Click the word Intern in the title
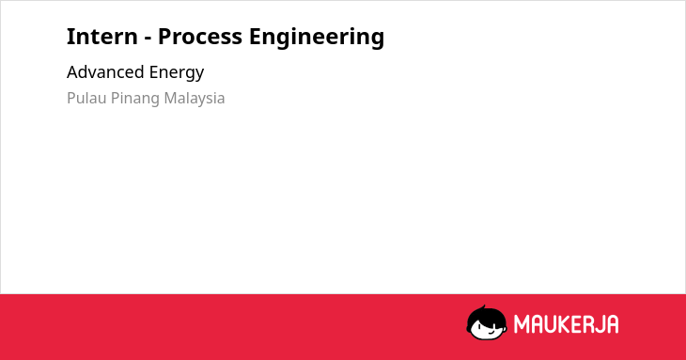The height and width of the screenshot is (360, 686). pyautogui.click(x=101, y=37)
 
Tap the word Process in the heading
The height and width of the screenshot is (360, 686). pyautogui.click(x=200, y=37)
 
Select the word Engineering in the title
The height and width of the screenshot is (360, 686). pyautogui.click(x=317, y=38)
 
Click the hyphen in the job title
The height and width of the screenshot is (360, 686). pyautogui.click(x=148, y=39)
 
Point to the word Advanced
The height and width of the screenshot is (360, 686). pyautogui.click(x=105, y=72)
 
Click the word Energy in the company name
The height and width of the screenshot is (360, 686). pyautogui.click(x=177, y=73)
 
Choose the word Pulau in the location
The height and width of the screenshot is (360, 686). pyautogui.click(x=86, y=98)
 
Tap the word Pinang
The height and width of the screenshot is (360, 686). pyautogui.click(x=135, y=100)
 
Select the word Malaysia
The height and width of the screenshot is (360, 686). pyautogui.click(x=195, y=100)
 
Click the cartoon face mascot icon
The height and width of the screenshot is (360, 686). pyautogui.click(x=487, y=323)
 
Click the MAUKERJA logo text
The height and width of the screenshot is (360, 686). pyautogui.click(x=566, y=324)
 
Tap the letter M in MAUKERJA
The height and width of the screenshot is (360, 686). pyautogui.click(x=522, y=324)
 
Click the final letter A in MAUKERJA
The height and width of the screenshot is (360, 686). pyautogui.click(x=612, y=324)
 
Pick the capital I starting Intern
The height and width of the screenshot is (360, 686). pyautogui.click(x=70, y=37)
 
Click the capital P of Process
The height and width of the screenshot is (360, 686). pyautogui.click(x=164, y=37)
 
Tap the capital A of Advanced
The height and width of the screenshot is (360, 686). pyautogui.click(x=72, y=72)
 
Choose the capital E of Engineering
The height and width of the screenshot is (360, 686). pyautogui.click(x=255, y=37)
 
